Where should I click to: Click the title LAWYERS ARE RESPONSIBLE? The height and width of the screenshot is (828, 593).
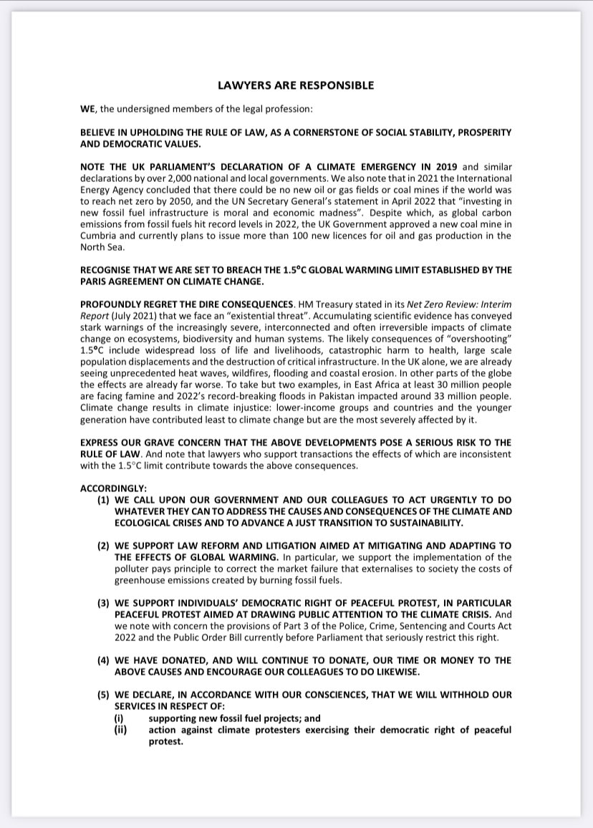(x=296, y=85)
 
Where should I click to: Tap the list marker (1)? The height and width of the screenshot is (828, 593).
(x=104, y=499)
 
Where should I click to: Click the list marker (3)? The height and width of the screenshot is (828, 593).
(x=104, y=603)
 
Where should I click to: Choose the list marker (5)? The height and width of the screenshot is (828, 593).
(x=104, y=695)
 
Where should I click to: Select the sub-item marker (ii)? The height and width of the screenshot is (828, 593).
(x=121, y=730)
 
